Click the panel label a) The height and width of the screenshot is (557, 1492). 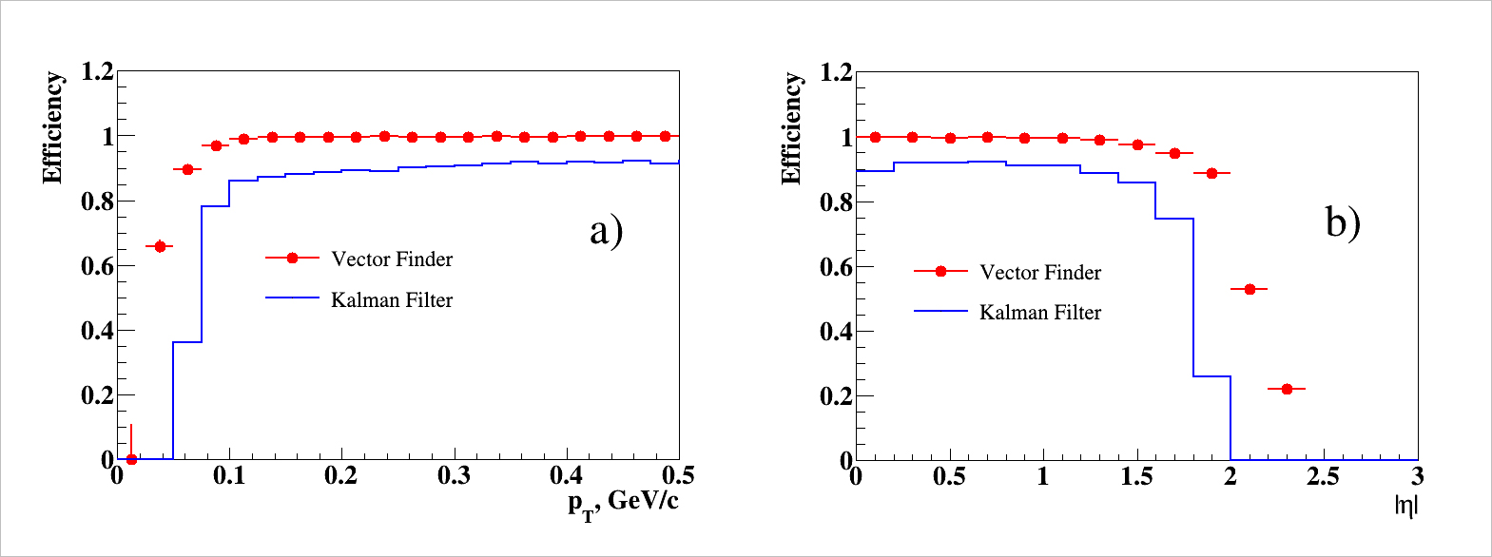click(606, 231)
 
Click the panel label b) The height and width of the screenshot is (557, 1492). click(1343, 223)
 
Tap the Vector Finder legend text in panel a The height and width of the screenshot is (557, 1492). click(392, 259)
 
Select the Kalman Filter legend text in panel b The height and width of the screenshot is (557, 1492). click(1040, 313)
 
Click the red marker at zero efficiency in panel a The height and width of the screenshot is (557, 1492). click(131, 459)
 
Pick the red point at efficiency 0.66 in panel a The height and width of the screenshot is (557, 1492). click(160, 246)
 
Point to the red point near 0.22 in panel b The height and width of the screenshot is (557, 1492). click(1287, 389)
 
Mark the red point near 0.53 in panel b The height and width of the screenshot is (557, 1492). click(1250, 289)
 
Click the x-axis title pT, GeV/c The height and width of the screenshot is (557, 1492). click(623, 505)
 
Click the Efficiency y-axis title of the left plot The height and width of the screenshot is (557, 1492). click(52, 127)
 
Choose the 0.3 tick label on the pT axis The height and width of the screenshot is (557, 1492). click(454, 476)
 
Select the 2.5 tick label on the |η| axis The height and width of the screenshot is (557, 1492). click(1323, 476)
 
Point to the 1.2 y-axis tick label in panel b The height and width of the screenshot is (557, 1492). click(836, 72)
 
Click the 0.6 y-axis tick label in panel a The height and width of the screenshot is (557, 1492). click(97, 266)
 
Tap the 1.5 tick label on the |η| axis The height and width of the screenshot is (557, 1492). click(1136, 476)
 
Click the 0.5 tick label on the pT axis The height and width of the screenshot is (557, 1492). click(678, 476)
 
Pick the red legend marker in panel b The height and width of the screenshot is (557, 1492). click(940, 271)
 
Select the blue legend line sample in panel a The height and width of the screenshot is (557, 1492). click(292, 298)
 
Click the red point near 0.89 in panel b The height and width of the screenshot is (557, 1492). click(1211, 173)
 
